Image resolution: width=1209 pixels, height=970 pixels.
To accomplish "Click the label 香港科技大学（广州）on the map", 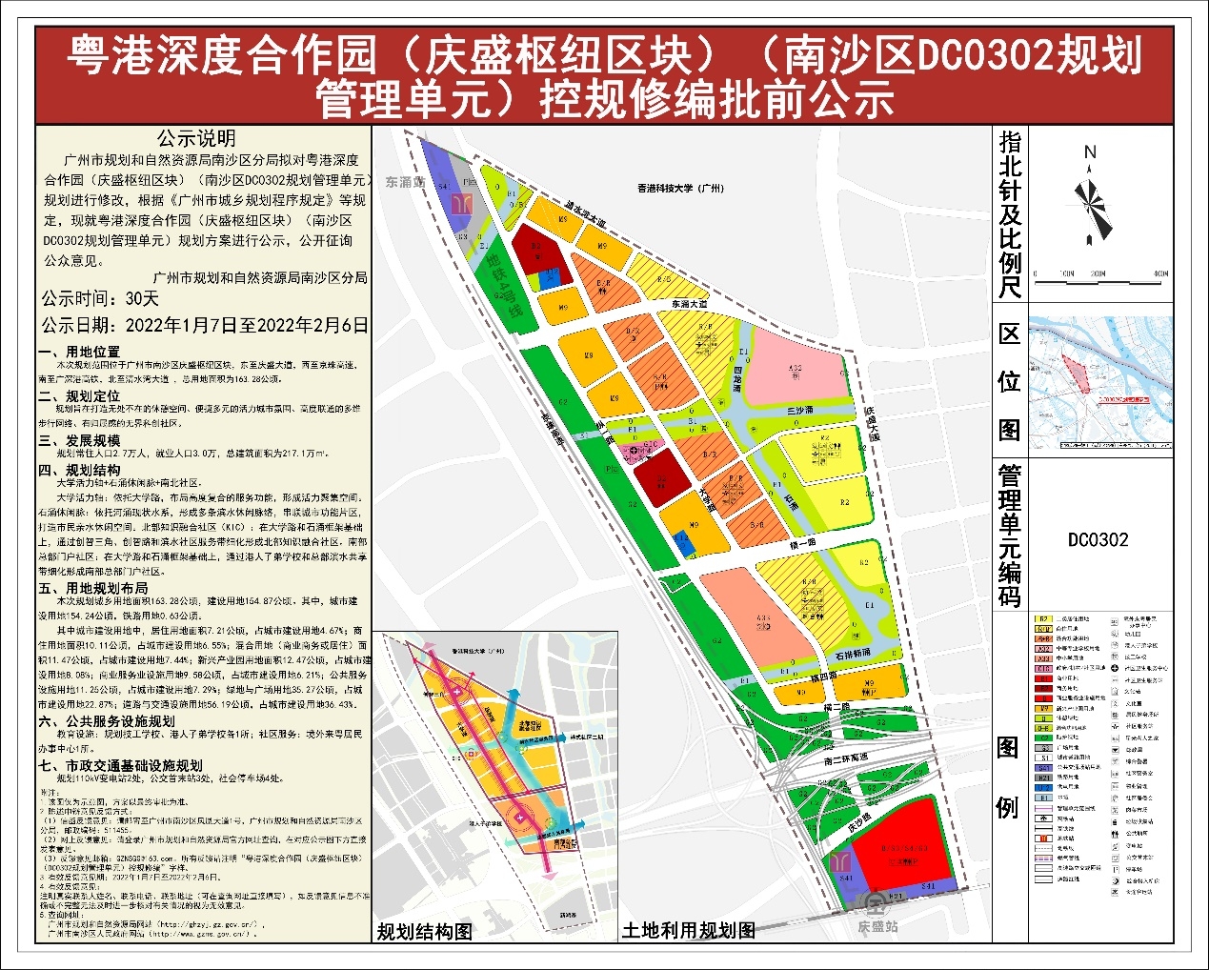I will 680,189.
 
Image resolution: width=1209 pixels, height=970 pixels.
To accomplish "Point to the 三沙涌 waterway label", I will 800,411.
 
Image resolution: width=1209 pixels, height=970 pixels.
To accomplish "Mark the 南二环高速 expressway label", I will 845,758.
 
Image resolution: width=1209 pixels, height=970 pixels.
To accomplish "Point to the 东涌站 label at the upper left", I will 405,182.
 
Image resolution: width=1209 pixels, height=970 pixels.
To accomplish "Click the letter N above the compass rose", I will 1090,152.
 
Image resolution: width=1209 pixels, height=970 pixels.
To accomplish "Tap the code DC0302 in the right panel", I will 1098,540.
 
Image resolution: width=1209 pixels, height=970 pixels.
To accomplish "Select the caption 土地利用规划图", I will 688,930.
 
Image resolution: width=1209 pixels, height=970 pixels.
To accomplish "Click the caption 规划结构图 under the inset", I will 424,932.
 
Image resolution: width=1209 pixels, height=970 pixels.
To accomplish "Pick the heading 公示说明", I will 196,139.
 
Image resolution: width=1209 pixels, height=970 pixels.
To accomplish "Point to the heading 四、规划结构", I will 79,471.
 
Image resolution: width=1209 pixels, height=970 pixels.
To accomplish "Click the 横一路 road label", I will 802,543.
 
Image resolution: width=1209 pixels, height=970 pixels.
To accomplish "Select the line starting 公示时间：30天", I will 100,299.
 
